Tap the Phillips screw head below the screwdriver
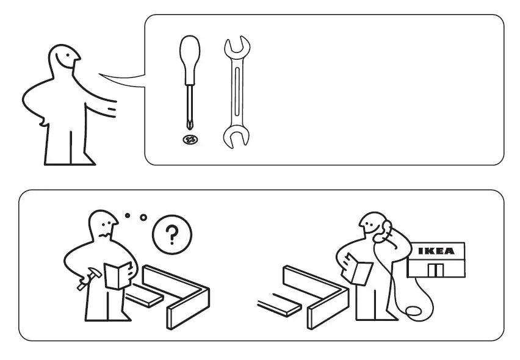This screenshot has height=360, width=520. click(x=190, y=140)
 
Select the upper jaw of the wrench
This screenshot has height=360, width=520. click(x=237, y=48)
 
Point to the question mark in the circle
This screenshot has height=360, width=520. click(x=172, y=235)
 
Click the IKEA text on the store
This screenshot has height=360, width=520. click(x=436, y=251)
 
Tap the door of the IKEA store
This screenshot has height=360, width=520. click(x=435, y=270)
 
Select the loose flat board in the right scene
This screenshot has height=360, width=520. click(x=278, y=303)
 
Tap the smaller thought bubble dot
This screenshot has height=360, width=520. click(x=127, y=215)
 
